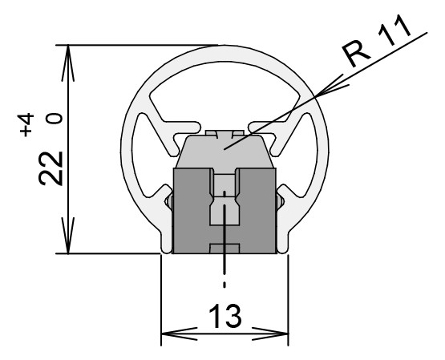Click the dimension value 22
point(51,168)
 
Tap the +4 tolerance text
point(26,125)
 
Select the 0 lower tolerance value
point(55,119)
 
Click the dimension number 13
point(225,316)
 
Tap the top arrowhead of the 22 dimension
point(68,63)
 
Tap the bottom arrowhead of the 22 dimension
point(68,235)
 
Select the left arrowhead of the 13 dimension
point(180,334)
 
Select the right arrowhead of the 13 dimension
point(270,334)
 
